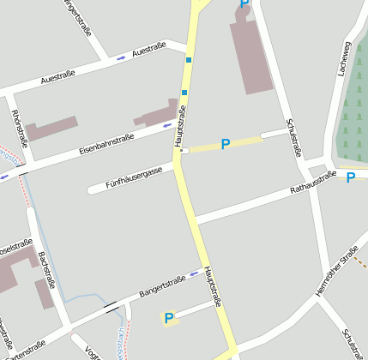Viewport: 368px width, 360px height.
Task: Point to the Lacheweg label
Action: tap(345, 58)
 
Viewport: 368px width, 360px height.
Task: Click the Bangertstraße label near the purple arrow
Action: tap(162, 287)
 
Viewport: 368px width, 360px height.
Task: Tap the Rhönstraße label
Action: tap(20, 123)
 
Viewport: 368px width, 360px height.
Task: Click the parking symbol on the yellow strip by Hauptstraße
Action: tap(226, 145)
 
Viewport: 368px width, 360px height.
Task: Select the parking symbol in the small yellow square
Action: tap(169, 319)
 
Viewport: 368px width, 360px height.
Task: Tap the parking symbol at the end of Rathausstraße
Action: tap(350, 177)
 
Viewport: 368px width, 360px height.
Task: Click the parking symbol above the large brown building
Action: tap(244, 4)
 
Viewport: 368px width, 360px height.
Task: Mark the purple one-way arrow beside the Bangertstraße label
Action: tap(195, 274)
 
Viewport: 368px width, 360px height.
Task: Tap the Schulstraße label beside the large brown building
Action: tap(293, 137)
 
